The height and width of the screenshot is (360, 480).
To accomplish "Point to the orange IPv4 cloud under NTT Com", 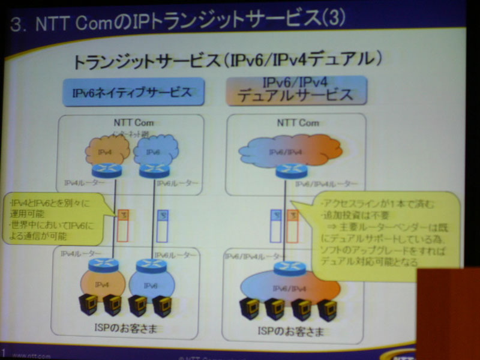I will tap(107, 151).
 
